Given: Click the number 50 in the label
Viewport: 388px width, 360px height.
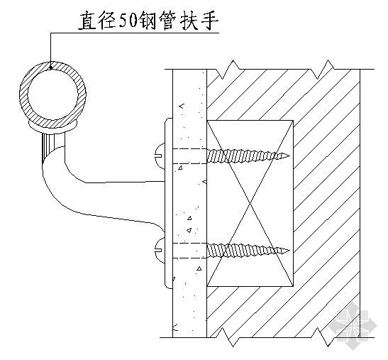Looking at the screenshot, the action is [128, 21].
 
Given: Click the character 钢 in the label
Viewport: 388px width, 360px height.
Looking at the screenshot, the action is [148, 21].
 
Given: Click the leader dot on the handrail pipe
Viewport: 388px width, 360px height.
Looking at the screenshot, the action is [51, 67].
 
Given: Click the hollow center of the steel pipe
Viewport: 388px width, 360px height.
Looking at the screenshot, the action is [52, 95].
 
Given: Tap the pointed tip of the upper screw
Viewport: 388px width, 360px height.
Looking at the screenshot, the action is [289, 156].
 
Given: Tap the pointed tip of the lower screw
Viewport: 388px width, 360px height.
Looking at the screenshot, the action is [289, 251].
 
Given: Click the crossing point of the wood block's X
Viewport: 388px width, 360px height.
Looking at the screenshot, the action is [250, 203].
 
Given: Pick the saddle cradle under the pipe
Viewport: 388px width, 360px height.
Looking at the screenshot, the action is [53, 126].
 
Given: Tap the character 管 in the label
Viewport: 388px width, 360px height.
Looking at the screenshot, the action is [168, 21].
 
